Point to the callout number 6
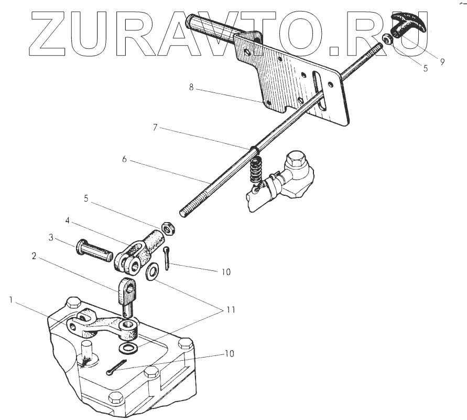pyautogui.click(x=125, y=159)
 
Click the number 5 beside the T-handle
pyautogui.click(x=425, y=68)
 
